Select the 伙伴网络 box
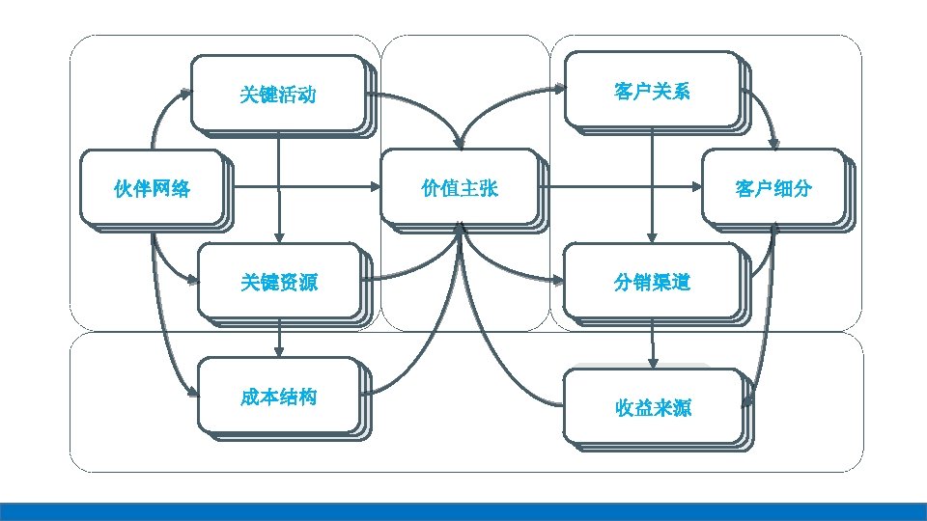click(x=153, y=188)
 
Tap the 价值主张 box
click(x=460, y=188)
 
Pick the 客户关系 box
click(x=652, y=92)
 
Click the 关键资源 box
click(x=279, y=282)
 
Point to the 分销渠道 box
click(x=652, y=282)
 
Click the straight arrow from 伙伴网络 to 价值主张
click(x=309, y=186)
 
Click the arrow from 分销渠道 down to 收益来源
click(x=653, y=343)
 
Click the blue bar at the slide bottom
click(x=463, y=511)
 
